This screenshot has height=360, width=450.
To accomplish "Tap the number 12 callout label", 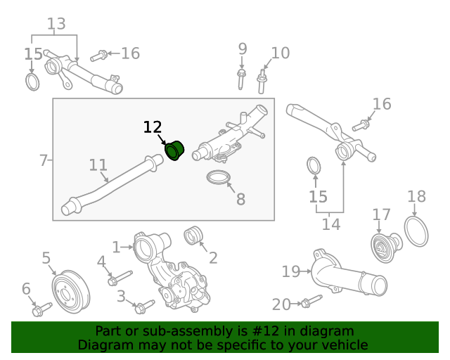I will [x=153, y=127].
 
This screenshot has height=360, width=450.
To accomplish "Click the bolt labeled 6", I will [x=38, y=309].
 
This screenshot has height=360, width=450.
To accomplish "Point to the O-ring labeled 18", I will [x=416, y=231].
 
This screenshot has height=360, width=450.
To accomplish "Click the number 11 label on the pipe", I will [x=98, y=166].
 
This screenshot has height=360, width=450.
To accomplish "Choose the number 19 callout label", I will [x=290, y=271].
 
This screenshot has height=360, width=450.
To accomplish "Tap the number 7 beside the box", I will [x=44, y=160].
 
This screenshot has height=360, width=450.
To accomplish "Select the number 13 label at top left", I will [x=56, y=24].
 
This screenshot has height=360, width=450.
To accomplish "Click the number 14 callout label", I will [x=330, y=224].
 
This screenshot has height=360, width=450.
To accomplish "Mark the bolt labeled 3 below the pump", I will [x=143, y=307].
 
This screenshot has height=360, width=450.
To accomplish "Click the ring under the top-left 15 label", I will [x=32, y=82].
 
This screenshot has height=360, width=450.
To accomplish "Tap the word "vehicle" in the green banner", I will [x=340, y=345].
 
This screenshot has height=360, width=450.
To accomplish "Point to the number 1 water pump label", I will [x=116, y=247].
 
